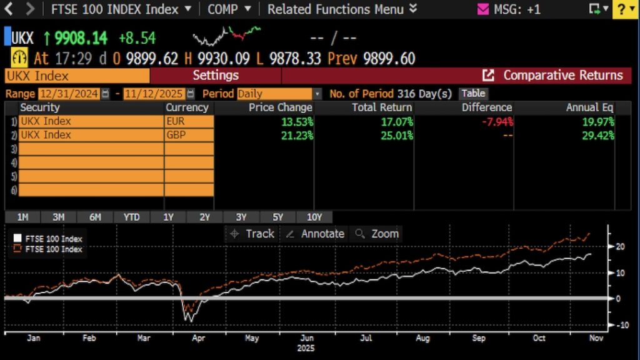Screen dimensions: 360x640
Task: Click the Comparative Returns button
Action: coord(556,76)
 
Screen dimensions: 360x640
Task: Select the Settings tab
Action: coord(216,76)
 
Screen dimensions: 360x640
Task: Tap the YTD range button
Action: coord(131,217)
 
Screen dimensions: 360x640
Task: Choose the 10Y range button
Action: coord(314,217)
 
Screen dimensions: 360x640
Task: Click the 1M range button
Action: coord(22,217)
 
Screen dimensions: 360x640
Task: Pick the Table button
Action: coord(473,94)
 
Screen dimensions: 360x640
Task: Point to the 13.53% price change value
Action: coord(297,121)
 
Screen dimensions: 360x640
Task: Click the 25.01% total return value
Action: coord(397,134)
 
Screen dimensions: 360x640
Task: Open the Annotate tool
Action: coord(316,234)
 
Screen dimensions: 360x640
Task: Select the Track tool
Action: coord(252,234)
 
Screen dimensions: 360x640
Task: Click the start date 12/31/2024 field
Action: coord(69,94)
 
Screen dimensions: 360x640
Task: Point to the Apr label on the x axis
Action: coord(198,338)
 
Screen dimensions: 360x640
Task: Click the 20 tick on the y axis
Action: coord(620,246)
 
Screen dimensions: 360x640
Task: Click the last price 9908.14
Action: coord(81,38)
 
